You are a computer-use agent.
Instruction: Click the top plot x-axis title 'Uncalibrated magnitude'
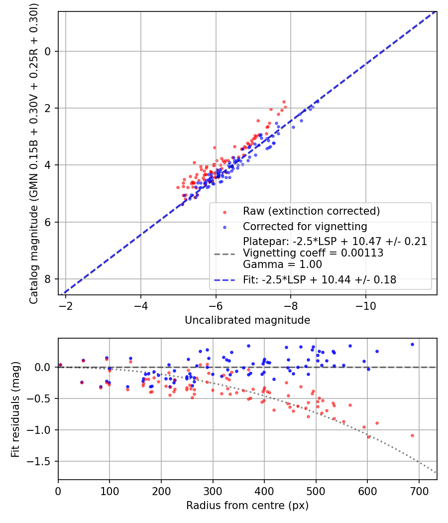pyautogui.click(x=247, y=320)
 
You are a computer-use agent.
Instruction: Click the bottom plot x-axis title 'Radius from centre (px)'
pyautogui.click(x=247, y=506)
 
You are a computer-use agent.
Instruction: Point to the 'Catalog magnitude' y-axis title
pyautogui.click(x=33, y=152)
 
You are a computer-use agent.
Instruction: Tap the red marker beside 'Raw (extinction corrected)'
pyautogui.click(x=224, y=212)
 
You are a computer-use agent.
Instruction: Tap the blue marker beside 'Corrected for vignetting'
pyautogui.click(x=224, y=227)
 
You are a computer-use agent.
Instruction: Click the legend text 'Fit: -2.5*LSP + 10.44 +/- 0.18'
pyautogui.click(x=320, y=280)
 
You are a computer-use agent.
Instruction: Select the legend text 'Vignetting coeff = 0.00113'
pyautogui.click(x=313, y=253)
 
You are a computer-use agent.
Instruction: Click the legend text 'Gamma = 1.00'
pyautogui.click(x=282, y=264)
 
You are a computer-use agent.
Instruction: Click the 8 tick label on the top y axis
pyautogui.click(x=49, y=279)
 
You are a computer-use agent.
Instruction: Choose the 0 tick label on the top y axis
pyautogui.click(x=49, y=51)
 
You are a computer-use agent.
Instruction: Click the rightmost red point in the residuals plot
pyautogui.click(x=412, y=435)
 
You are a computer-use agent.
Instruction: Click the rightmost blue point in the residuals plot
pyautogui.click(x=412, y=344)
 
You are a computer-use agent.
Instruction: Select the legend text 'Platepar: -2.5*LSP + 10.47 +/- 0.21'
pyautogui.click(x=335, y=242)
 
